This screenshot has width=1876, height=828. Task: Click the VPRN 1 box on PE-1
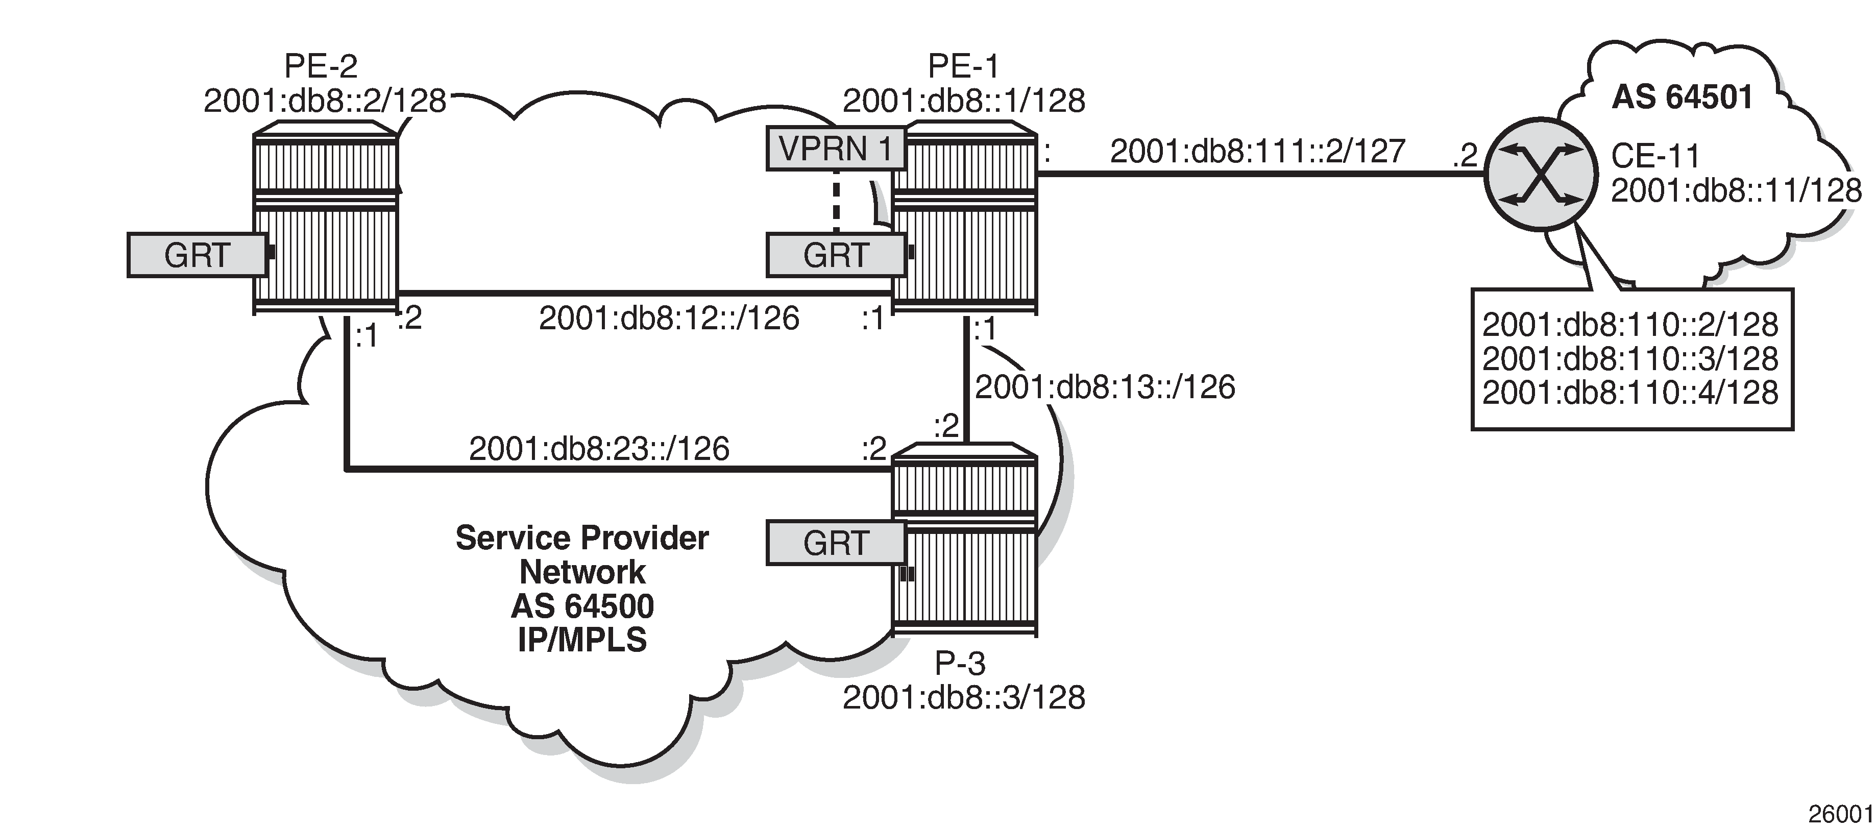[835, 149]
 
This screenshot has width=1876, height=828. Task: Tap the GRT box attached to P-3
[835, 543]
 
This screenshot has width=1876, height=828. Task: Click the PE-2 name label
[321, 66]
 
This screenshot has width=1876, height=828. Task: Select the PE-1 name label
[963, 66]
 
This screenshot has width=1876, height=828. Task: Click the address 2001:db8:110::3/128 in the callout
[1630, 359]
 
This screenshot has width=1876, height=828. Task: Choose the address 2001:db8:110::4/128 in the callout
[1630, 393]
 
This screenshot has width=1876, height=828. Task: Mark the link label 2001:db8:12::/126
[669, 318]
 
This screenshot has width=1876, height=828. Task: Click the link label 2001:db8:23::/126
[599, 449]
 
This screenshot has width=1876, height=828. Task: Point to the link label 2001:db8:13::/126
[1105, 387]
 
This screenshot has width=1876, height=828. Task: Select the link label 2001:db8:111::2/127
[1257, 152]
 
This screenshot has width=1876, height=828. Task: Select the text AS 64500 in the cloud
[582, 606]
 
